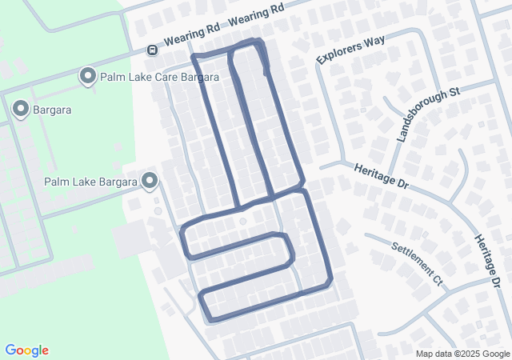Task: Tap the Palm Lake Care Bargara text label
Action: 158,78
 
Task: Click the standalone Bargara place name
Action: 52,110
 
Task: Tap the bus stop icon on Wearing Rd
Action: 151,50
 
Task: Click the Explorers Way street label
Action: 351,49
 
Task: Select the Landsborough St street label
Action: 428,114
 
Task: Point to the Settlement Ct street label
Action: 416,262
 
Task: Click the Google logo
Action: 26,350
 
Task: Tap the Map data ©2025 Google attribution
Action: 462,354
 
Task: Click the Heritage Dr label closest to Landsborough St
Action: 381,174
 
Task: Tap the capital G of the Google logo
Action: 10,350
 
